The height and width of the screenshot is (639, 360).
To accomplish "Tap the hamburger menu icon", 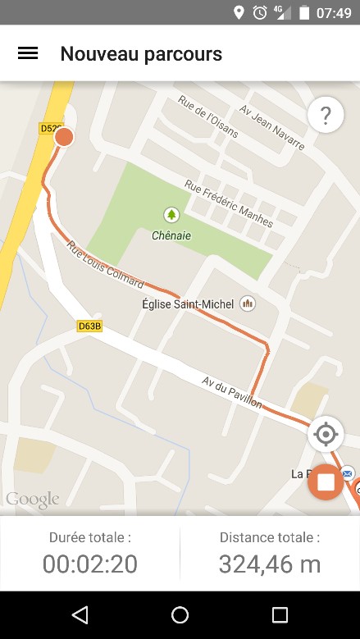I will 28,53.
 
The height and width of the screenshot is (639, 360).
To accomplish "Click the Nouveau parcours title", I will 141,54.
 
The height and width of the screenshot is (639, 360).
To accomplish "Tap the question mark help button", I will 326,116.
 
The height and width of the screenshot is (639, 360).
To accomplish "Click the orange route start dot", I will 64,137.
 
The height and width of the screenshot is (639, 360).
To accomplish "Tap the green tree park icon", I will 171,215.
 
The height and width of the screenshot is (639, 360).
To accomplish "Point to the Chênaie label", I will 171,235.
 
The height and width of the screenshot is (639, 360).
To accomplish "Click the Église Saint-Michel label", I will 189,304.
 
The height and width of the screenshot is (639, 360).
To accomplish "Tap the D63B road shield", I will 89,326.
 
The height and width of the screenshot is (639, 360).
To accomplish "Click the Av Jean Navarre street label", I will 272,127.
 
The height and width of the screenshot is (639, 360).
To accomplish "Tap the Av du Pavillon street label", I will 233,392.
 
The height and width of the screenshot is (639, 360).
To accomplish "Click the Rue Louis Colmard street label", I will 105,264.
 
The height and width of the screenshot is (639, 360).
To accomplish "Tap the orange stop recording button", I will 326,482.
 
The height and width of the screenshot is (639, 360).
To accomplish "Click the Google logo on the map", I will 33,499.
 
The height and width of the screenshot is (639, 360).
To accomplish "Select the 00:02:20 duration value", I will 90,564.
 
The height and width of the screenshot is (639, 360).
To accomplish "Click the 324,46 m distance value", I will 270,564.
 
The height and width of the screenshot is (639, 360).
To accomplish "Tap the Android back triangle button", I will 80,615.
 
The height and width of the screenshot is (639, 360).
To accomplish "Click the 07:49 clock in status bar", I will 334,12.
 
